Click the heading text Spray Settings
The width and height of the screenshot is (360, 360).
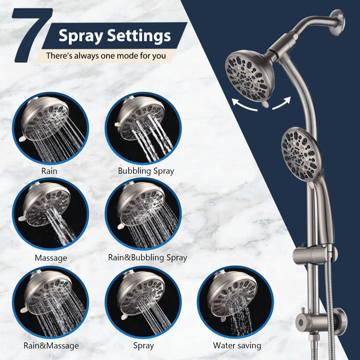pos(114,36)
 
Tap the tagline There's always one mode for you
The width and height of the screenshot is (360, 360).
pos(106,55)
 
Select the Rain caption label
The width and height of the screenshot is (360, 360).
pos(49,170)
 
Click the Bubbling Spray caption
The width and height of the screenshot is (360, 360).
pos(146,170)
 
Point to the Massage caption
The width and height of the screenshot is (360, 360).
pos(50,257)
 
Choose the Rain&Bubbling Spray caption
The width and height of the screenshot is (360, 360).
pos(148,257)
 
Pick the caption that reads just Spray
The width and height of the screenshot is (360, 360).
pos(143,346)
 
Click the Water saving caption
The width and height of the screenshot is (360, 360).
pos(237,346)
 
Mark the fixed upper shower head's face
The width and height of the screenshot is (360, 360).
pos(249,75)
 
